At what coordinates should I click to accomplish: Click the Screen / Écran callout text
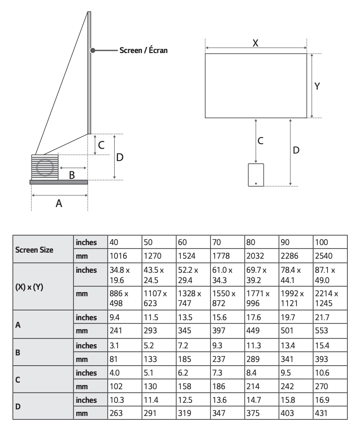(x=143, y=50)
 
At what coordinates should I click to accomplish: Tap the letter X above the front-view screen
(x=256, y=43)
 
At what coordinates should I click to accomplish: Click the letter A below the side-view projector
(x=59, y=203)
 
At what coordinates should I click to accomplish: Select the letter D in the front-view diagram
(x=296, y=150)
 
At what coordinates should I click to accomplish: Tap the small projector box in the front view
(x=256, y=175)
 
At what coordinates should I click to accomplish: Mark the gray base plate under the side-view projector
(x=59, y=182)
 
